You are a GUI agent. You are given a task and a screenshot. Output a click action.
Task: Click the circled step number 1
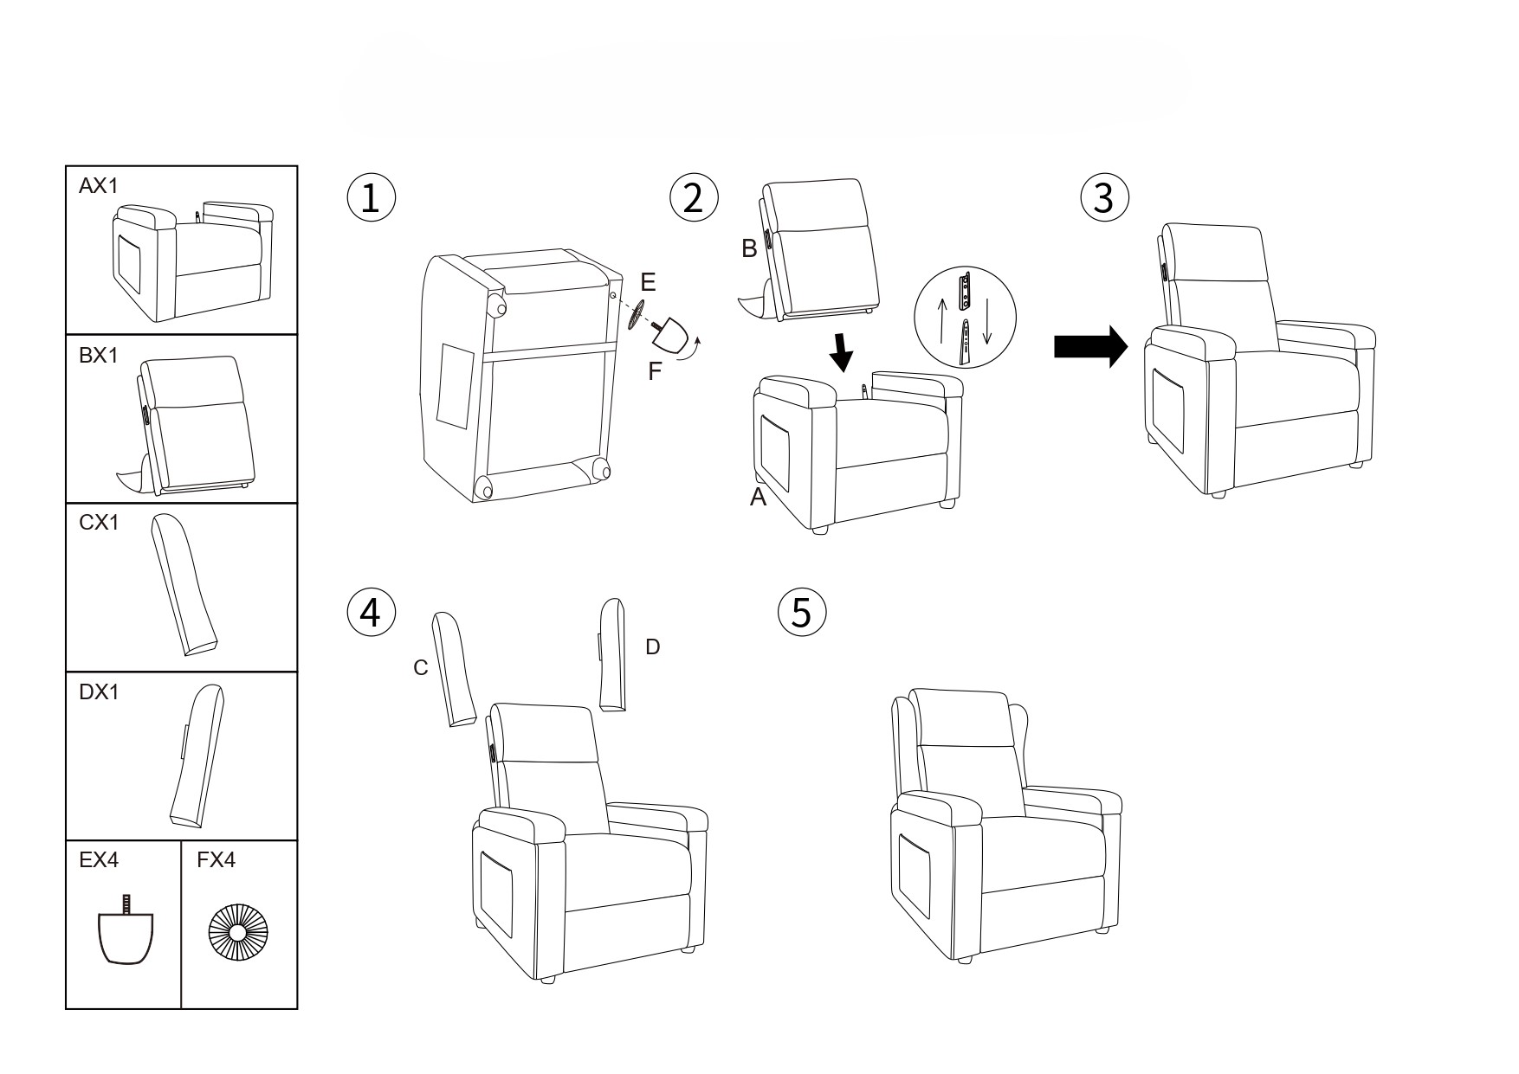pos(371,198)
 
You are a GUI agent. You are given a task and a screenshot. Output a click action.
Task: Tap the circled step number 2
pos(694,198)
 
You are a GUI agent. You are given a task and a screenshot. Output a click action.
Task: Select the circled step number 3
pos(1104,198)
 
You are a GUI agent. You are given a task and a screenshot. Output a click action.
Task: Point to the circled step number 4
pos(371,613)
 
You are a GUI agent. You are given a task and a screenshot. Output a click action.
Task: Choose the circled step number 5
pos(802,613)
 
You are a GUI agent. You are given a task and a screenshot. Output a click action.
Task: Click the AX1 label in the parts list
pos(98,186)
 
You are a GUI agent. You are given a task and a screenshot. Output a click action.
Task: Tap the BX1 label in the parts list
pos(98,355)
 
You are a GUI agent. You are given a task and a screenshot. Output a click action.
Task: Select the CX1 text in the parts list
pos(98,523)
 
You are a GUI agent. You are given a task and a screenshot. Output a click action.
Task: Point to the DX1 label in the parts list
pos(98,692)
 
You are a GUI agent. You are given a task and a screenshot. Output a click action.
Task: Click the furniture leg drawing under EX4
pos(126,936)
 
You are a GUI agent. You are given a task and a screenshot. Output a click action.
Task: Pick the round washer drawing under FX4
pos(238,936)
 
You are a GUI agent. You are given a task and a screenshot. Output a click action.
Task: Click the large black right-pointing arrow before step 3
pos(1090,347)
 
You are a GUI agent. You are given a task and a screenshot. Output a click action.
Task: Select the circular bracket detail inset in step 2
pos(964,318)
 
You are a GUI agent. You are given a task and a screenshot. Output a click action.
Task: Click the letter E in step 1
pos(648,282)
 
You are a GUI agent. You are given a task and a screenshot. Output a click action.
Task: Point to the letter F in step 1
pos(655,371)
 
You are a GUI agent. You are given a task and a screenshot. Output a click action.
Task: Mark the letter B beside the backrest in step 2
pos(749,249)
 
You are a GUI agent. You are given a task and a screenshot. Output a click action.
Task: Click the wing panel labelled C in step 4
pos(454,669)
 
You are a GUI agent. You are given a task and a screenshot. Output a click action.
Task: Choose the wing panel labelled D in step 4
pos(612,655)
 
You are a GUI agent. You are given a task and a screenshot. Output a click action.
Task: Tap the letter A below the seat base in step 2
pos(758,498)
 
